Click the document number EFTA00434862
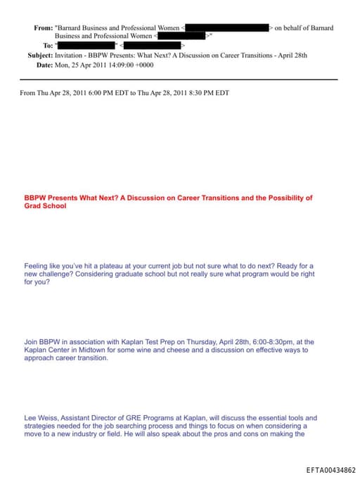click(x=331, y=469)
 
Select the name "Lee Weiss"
click(x=41, y=417)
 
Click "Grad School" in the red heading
click(x=45, y=206)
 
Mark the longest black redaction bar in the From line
click(x=226, y=28)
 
